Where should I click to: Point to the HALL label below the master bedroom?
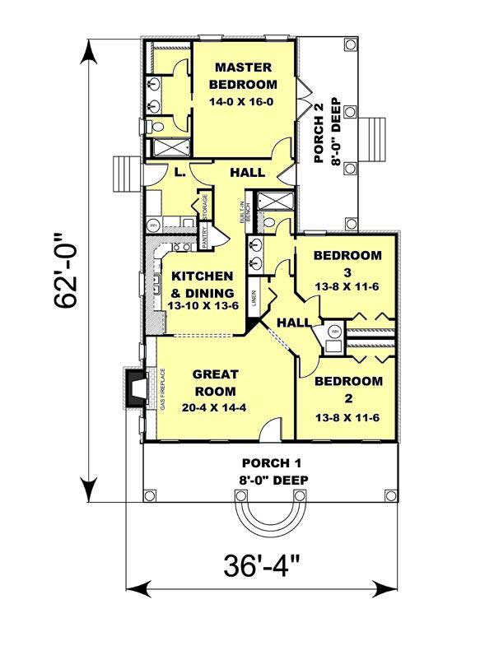tap(247, 173)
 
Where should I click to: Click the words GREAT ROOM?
tap(215, 383)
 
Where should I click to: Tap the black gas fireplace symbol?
tap(134, 387)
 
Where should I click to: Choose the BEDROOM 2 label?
tap(348, 389)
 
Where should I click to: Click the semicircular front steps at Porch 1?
tap(268, 515)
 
